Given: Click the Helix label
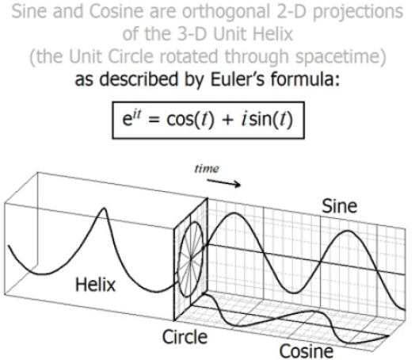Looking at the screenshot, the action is click(95, 285).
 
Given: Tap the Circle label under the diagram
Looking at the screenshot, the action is click(185, 337).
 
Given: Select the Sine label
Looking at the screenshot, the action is click(339, 206).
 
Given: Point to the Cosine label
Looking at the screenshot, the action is click(307, 351).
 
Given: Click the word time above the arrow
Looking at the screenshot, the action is click(207, 169).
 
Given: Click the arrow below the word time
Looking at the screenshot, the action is click(224, 183).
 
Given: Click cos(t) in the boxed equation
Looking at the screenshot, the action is click(191, 119).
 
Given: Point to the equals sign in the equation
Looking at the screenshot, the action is click(154, 120).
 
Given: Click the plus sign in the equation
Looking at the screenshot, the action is click(227, 120).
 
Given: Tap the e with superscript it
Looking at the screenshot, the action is click(131, 118).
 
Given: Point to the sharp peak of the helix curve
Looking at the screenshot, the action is click(104, 209).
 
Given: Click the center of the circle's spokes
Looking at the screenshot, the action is click(191, 259).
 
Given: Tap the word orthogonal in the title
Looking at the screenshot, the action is click(227, 13).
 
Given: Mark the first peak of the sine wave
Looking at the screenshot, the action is click(234, 213).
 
